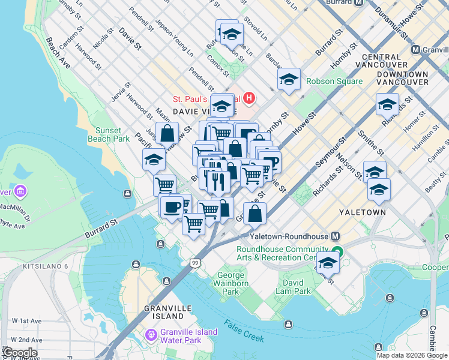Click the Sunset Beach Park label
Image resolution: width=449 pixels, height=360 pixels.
point(112,134)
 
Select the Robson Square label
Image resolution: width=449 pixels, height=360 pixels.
point(334,81)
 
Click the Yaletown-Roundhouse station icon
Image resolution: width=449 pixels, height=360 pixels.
point(336,236)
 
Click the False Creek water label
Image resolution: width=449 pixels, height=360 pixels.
point(244,330)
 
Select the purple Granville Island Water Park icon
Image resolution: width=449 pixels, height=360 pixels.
point(151,334)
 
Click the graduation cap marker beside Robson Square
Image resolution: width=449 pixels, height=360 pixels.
point(289,79)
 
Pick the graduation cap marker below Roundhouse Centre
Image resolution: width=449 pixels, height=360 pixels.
point(328,263)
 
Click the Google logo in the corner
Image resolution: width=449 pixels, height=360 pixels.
point(19,352)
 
